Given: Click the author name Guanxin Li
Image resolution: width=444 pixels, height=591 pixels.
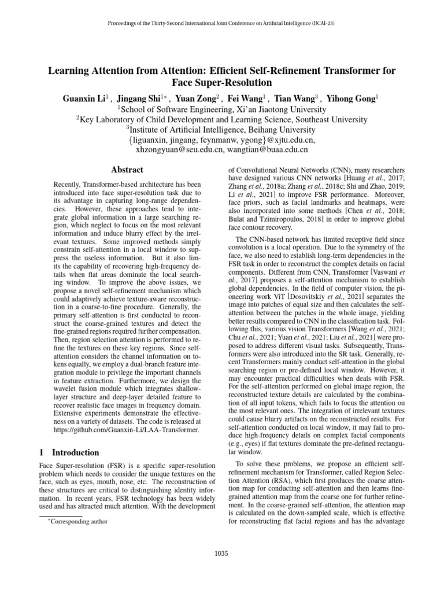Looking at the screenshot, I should [85, 99].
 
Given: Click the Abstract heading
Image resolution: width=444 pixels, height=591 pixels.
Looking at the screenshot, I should [127, 170].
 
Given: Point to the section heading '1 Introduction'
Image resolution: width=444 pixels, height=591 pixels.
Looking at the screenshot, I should [69, 452].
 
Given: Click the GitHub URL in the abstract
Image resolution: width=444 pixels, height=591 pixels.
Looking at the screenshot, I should [126, 429].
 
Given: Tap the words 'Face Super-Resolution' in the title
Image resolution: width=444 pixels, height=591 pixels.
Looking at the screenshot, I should [221, 83].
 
